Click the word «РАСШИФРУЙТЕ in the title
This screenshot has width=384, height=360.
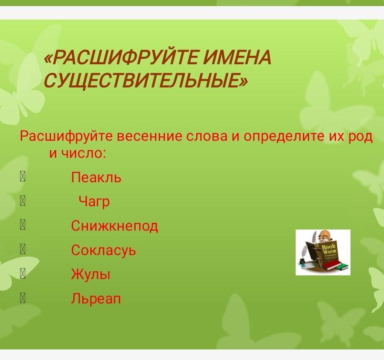point(122,58)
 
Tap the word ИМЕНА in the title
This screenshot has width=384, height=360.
point(238,58)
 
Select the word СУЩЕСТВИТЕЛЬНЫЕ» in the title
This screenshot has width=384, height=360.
point(146,81)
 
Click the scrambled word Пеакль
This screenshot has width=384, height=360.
point(96,177)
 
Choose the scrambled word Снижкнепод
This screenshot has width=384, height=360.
point(114,226)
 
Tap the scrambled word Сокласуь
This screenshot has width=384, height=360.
point(103,250)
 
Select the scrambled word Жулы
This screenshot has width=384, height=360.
point(91,274)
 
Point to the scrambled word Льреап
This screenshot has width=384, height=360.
point(96,299)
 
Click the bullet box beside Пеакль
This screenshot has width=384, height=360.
point(22,177)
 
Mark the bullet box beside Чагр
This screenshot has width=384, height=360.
point(22,201)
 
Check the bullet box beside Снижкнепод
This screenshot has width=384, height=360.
point(22,225)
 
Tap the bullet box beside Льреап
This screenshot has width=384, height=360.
point(22,298)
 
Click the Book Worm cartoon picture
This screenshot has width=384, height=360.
point(323,252)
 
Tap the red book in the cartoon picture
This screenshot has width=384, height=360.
point(332,265)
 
